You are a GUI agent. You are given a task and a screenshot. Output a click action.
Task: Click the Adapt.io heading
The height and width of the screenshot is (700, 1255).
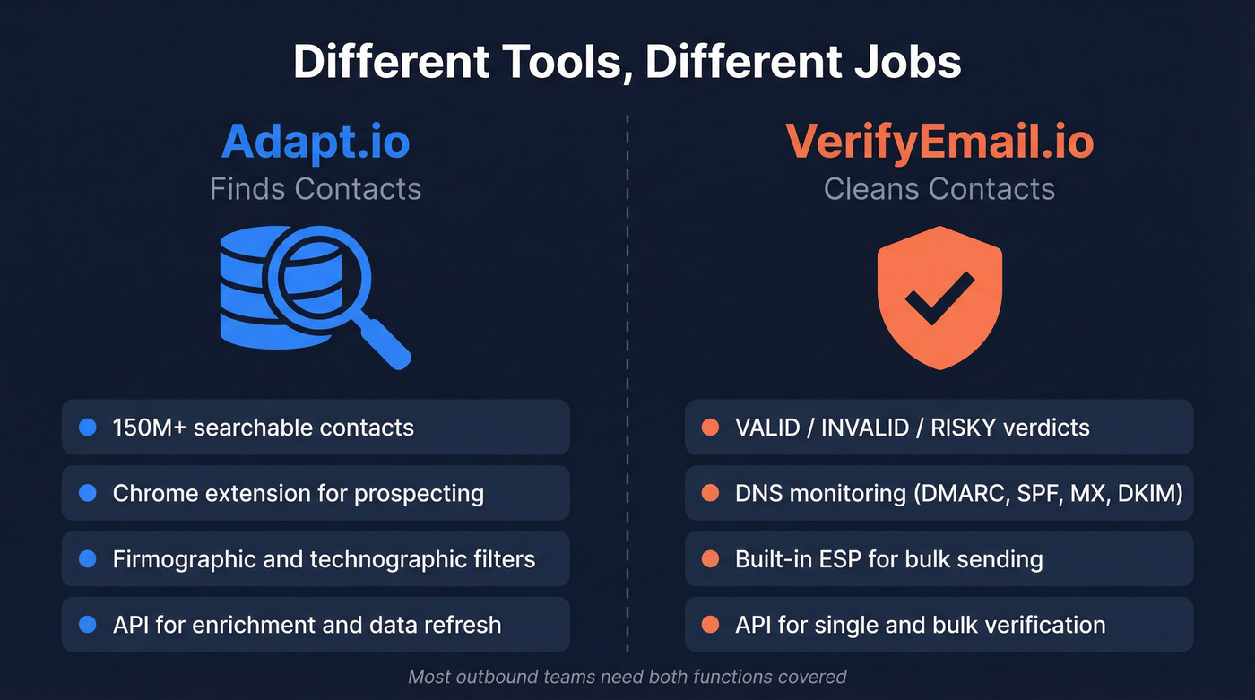pos(316,142)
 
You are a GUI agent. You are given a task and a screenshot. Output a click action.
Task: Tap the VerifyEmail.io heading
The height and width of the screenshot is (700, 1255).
pos(939,142)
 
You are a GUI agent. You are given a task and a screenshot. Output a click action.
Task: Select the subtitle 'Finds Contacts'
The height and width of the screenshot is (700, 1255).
pos(316,189)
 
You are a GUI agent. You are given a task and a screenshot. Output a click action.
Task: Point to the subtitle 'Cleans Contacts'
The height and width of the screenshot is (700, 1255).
pos(939,189)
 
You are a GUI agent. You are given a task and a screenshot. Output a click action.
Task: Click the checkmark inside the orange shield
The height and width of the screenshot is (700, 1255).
pos(939,298)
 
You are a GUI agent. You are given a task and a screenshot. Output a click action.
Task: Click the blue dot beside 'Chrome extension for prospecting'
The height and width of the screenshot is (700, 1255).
pos(88,493)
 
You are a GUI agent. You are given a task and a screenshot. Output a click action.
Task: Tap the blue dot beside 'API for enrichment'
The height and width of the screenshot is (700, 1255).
pos(88,625)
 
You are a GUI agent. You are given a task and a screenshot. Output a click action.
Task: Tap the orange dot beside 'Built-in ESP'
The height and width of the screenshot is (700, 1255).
pos(710,559)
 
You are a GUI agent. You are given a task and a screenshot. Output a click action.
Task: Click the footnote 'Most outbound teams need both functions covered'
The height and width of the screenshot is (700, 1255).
pos(627,677)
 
